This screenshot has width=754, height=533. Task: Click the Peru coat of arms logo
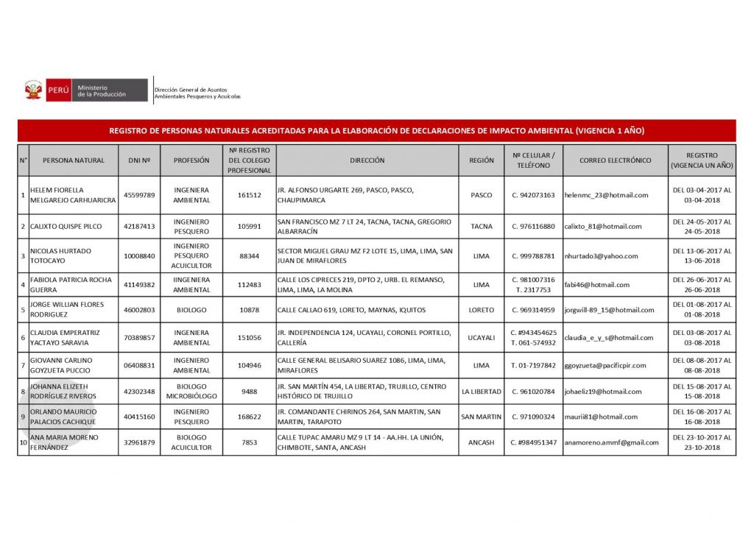pyautogui.click(x=33, y=91)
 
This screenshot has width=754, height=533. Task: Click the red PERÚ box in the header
pyautogui.click(x=58, y=91)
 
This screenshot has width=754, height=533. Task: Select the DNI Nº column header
pyautogui.click(x=139, y=160)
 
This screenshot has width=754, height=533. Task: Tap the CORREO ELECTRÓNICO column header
pyautogui.click(x=615, y=160)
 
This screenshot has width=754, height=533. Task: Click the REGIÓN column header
pyautogui.click(x=482, y=160)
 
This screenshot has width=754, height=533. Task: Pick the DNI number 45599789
pyautogui.click(x=139, y=195)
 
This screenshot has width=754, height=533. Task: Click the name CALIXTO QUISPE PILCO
pyautogui.click(x=66, y=226)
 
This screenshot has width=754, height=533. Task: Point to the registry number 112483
pyautogui.click(x=250, y=285)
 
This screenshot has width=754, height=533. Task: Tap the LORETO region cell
pyautogui.click(x=482, y=310)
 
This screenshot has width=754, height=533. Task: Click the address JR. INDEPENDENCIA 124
pyautogui.click(x=364, y=338)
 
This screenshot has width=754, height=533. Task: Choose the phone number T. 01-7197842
pyautogui.click(x=533, y=365)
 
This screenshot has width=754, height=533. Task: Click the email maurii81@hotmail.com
pyautogui.click(x=601, y=417)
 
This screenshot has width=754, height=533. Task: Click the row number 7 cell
pyautogui.click(x=23, y=365)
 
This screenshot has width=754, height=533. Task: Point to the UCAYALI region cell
pyautogui.click(x=482, y=338)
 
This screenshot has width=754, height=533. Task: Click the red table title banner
pyautogui.click(x=376, y=131)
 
